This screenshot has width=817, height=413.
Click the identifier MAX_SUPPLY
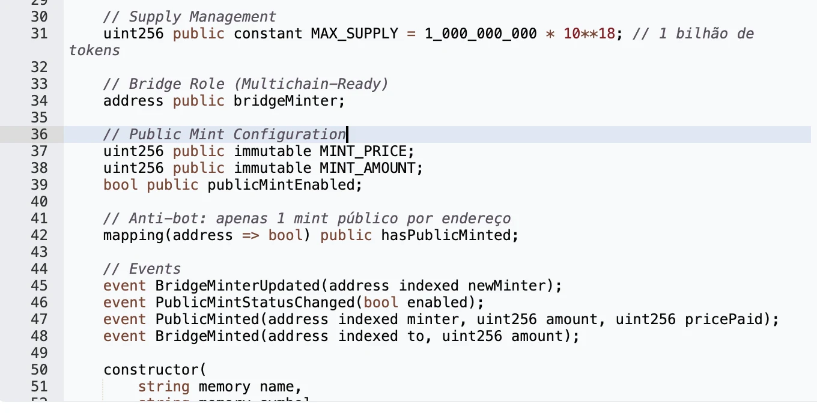click(354, 34)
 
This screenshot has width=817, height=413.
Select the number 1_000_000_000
click(481, 34)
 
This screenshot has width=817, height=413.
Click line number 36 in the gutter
click(40, 134)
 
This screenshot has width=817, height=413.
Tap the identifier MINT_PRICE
click(363, 151)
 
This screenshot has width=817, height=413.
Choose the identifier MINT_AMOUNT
click(367, 168)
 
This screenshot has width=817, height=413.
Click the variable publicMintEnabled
click(281, 185)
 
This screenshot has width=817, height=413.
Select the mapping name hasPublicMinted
click(446, 235)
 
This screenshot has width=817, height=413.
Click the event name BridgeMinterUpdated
click(237, 286)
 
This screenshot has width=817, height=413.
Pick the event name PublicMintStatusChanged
click(255, 303)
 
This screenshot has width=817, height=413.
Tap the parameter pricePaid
click(723, 319)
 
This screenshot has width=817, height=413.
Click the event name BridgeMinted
click(207, 336)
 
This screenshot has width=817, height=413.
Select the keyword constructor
click(151, 370)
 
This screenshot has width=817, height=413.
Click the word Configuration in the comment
click(289, 134)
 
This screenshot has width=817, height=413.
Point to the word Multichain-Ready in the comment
click(311, 84)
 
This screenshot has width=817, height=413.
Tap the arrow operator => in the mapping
click(251, 235)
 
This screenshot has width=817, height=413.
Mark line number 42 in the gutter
click(40, 235)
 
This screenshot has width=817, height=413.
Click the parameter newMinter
click(506, 286)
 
